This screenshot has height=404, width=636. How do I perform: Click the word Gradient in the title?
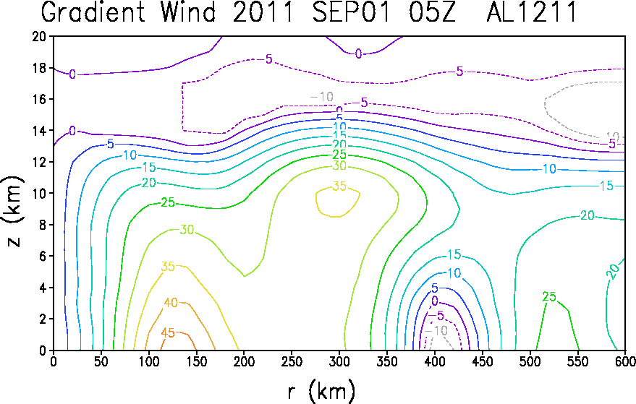pos(93,12)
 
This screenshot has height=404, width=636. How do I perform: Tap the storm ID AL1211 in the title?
pos(531,12)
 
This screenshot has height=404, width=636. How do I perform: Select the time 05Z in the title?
pos(433,12)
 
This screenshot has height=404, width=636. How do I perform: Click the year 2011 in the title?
pos(263,12)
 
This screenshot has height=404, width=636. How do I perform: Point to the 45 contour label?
pos(168,332)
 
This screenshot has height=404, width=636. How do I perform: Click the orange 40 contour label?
pos(171,302)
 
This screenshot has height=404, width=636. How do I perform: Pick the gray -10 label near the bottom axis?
pos(436,331)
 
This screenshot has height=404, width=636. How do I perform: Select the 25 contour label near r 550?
pos(549,297)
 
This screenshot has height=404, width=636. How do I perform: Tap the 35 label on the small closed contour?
pos(339,186)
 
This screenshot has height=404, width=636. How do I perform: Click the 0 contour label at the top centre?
pos(358,53)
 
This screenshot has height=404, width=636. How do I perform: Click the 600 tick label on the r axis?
pos(625,361)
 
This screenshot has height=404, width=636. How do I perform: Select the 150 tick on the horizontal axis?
pos(196,361)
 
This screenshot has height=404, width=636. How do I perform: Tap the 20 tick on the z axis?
pos(39,36)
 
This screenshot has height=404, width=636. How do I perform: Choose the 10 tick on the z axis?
pos(39,193)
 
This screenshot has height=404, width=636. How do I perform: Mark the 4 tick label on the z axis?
pos(43,288)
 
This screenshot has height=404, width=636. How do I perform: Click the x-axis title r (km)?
pos(322,392)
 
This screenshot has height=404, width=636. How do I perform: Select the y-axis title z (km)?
pos(12,211)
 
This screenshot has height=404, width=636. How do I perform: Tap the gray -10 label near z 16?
pos(322,97)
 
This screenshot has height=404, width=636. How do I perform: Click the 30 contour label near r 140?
pos(187,230)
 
